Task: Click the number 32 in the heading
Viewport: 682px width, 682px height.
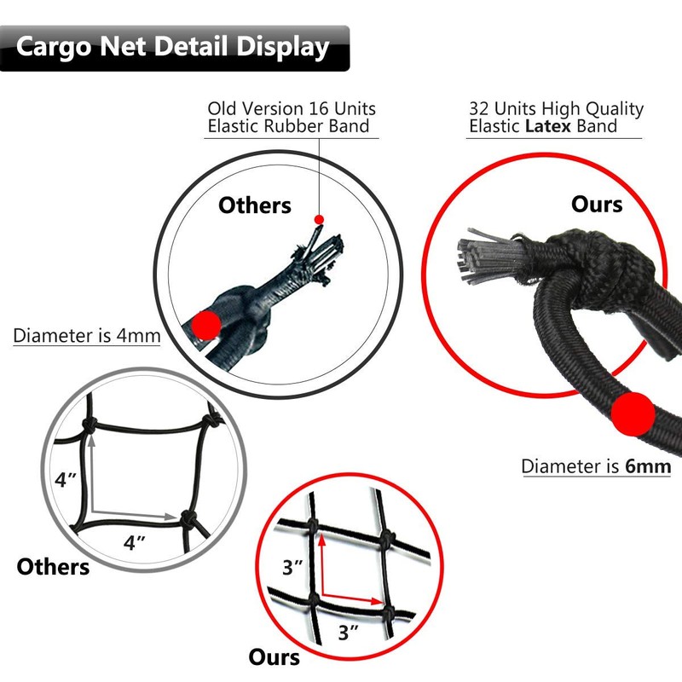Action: [x=481, y=109]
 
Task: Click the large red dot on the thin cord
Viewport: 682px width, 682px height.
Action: [x=205, y=325]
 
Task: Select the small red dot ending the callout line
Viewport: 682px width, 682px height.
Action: [x=319, y=220]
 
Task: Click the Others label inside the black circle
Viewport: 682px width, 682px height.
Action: [x=255, y=205]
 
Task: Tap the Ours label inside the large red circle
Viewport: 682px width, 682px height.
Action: [x=596, y=205]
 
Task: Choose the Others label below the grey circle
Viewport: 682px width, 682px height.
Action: [x=53, y=566]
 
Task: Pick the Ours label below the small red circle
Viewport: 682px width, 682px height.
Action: [x=275, y=657]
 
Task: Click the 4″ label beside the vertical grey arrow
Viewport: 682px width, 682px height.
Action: [x=66, y=479]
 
